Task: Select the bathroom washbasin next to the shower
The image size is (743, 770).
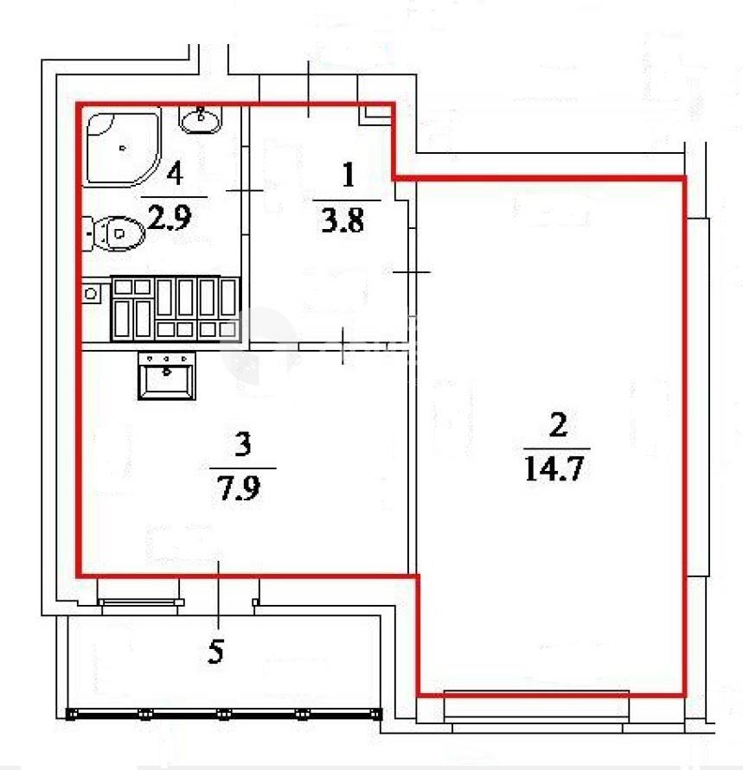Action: (201, 119)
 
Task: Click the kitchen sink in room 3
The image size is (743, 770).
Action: (167, 376)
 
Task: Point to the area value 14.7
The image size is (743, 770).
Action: (554, 468)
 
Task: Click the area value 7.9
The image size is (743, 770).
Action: (239, 487)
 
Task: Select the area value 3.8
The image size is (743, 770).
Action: (343, 220)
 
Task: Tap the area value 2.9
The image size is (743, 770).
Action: (170, 217)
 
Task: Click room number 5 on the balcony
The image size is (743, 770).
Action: (215, 652)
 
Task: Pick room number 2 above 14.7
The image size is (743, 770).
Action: (558, 425)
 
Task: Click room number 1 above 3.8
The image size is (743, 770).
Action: (349, 175)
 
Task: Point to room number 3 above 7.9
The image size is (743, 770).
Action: (243, 444)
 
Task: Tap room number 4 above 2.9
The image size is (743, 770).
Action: (175, 174)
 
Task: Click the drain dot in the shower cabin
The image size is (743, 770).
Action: (122, 148)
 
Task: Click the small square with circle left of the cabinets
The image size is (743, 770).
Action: (91, 294)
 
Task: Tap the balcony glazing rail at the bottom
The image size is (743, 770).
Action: (224, 714)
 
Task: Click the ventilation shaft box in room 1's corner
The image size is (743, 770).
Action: (376, 114)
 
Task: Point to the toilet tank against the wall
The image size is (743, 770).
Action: (87, 233)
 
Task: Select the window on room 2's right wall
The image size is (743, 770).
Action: (698, 397)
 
